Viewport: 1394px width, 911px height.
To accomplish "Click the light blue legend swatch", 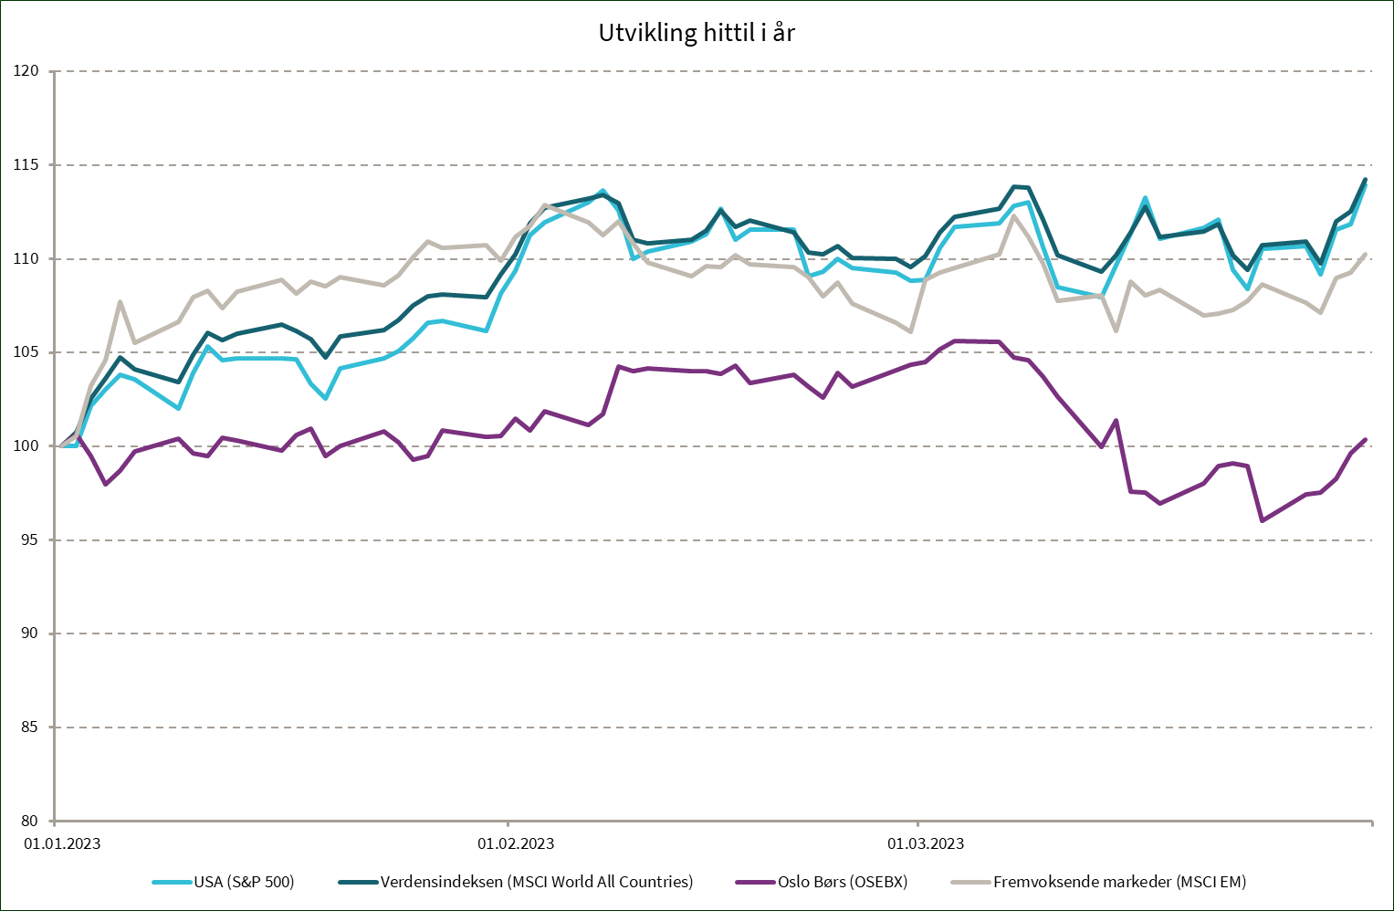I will click(172, 882).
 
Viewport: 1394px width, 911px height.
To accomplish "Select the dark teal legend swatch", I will click(358, 882).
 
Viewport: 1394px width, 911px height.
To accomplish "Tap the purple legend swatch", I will click(755, 882).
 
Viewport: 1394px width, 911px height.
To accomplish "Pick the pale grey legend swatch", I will click(970, 882).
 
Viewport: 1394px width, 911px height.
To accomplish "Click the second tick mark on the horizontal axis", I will click(508, 822).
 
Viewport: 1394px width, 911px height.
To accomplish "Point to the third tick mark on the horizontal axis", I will click(917, 822).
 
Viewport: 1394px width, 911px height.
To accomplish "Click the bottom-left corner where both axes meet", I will click(55, 821).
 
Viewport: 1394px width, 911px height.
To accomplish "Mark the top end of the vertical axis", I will click(55, 70).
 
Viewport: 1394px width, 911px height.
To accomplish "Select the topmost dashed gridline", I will click(712, 70).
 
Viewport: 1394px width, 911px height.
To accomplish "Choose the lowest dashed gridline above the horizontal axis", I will click(712, 727).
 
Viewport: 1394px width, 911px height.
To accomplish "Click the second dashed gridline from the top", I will click(712, 164).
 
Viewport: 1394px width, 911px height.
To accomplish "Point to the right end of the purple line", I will click(1366, 439).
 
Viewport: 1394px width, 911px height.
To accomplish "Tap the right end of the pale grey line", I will click(1366, 253).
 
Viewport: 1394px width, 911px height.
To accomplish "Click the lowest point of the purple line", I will click(1261, 521).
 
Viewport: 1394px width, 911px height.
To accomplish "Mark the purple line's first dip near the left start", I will click(106, 484).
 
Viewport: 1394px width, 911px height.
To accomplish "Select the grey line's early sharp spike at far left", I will click(121, 301).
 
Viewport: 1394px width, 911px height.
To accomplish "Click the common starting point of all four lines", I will click(61, 445).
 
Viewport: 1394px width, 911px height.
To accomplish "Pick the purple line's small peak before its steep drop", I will click(1116, 420).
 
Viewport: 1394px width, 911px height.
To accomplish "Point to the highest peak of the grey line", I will click(545, 204).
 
